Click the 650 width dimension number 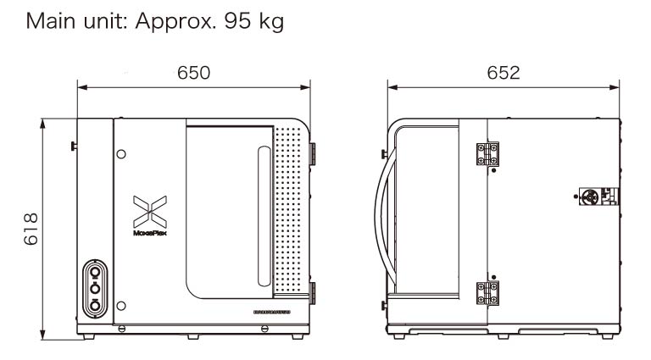pos(193,73)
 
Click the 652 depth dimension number pos(504,73)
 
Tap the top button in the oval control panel pos(95,272)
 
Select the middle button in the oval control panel pos(95,288)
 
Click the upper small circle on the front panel pos(122,154)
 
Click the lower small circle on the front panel pos(122,306)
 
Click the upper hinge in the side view pos(487,154)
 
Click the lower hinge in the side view pos(487,292)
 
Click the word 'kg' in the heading pos(269,21)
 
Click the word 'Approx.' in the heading pos(166,21)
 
